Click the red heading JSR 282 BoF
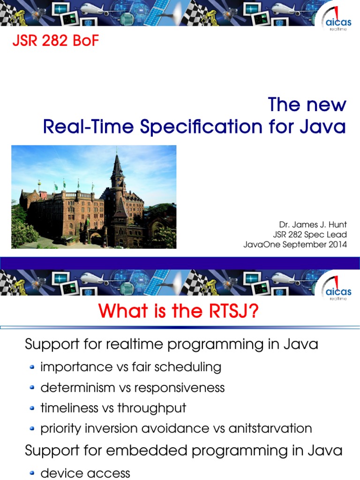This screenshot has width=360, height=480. click(x=55, y=41)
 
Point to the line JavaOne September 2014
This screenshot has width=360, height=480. click(x=295, y=244)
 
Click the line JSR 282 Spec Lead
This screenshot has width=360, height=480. click(x=310, y=235)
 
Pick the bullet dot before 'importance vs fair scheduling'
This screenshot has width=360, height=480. click(x=32, y=367)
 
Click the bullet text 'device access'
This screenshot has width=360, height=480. click(x=85, y=473)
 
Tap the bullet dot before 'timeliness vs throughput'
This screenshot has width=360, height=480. click(x=32, y=408)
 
